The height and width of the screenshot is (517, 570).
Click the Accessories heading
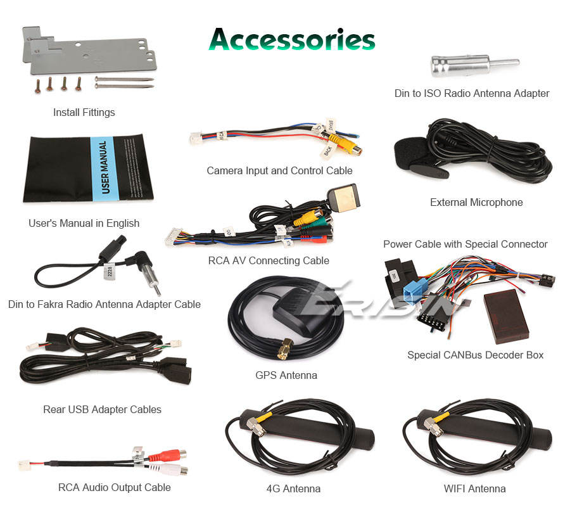point(292,39)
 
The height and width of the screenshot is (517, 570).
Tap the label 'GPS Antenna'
point(286,375)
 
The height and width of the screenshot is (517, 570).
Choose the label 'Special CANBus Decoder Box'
point(475,355)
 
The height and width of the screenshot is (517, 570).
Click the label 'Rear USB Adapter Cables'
point(102,409)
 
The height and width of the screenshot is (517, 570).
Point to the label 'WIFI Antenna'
point(474,488)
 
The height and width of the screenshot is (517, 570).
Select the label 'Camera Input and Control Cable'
point(279,170)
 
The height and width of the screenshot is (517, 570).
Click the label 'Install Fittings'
point(84,112)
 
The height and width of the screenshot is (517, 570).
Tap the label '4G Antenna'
point(293,488)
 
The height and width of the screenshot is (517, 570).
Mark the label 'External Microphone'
point(476,202)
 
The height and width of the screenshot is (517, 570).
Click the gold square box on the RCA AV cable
point(344,198)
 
